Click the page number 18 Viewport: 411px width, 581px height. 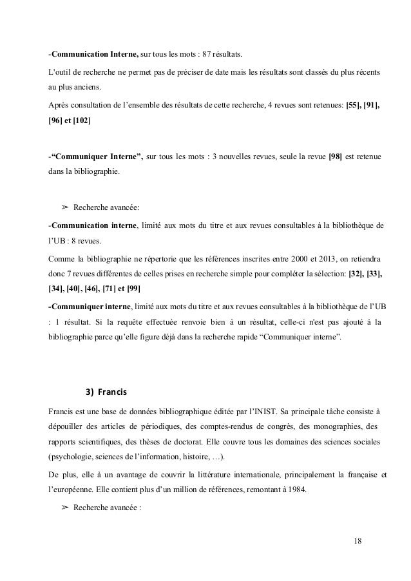click(x=358, y=540)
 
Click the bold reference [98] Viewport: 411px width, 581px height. click(x=336, y=157)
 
